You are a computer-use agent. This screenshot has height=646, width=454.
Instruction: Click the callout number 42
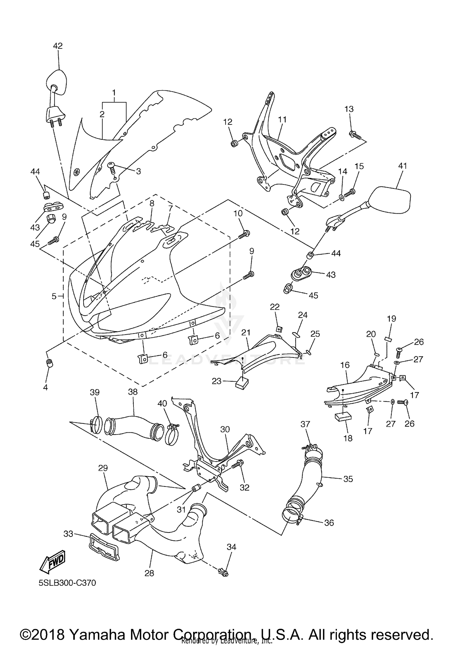coord(58,46)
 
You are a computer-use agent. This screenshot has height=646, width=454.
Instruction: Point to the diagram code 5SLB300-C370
coord(67,583)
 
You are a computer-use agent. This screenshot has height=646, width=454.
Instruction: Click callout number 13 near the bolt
coord(349,109)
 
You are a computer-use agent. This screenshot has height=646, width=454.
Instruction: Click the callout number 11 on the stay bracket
coord(282,119)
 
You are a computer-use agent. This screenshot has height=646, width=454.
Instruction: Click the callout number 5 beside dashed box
coord(54,296)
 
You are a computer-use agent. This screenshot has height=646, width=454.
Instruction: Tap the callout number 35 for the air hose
coord(348,479)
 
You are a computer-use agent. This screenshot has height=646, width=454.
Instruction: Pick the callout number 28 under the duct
coord(149,573)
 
